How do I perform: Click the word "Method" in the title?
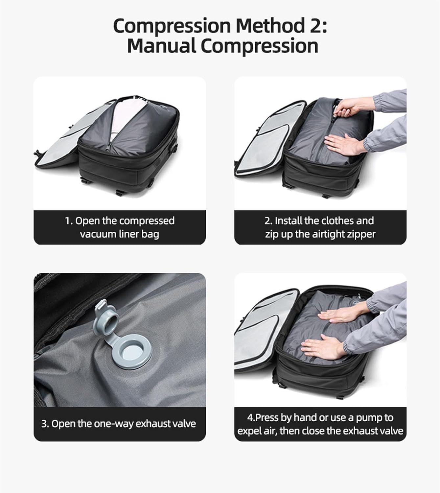pyautogui.click(x=270, y=26)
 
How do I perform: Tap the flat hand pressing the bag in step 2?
pyautogui.click(x=342, y=144)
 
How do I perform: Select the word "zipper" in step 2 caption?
pyautogui.click(x=361, y=234)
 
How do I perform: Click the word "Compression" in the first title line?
pyautogui.click(x=172, y=26)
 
